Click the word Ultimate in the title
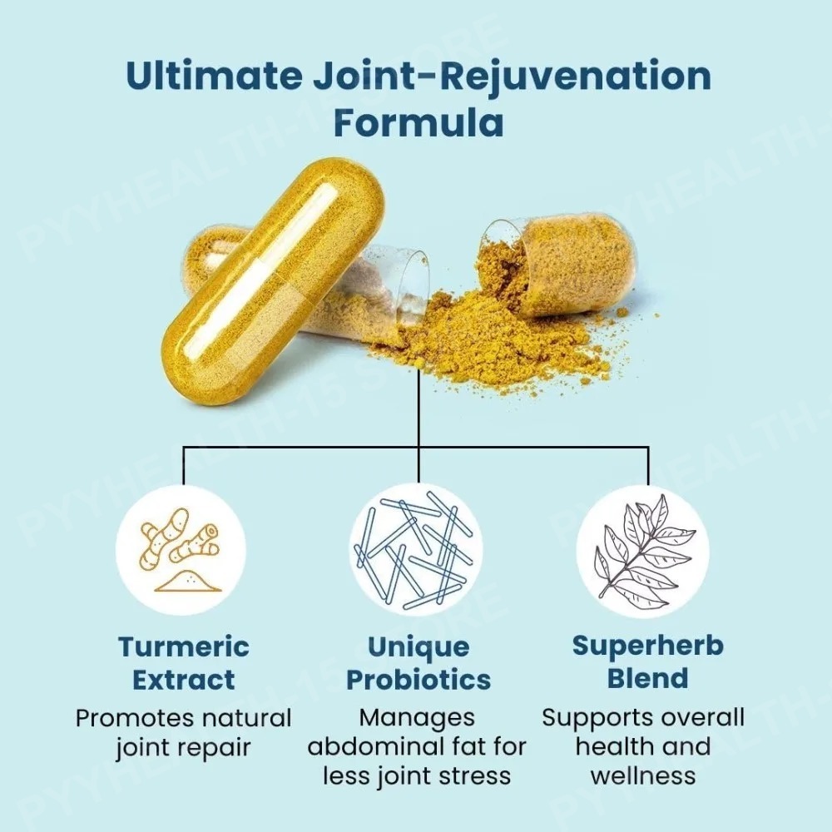[x=215, y=76]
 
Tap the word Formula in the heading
[x=418, y=123]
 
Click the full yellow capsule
[x=273, y=280]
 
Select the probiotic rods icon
[x=416, y=549]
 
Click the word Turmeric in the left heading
[x=184, y=646]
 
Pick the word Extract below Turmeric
[x=184, y=680]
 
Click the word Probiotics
[x=418, y=680]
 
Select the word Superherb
[x=648, y=646]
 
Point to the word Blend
[x=648, y=678]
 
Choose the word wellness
[x=643, y=775]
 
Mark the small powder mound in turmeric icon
[x=188, y=582]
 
